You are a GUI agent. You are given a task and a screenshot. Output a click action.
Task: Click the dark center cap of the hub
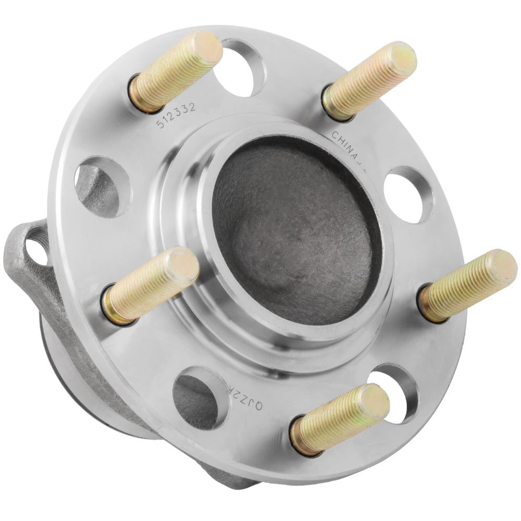[x=294, y=229]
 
